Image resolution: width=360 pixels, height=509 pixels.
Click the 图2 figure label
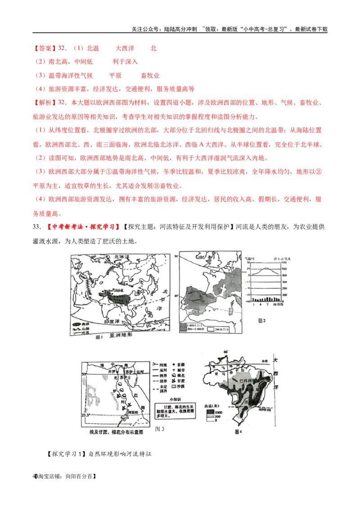pos(262,320)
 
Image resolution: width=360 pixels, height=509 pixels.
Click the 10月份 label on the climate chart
pos(282,305)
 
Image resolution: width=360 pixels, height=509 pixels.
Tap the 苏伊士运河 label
pos(135,372)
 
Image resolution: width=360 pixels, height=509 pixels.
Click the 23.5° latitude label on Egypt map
pos(83,415)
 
